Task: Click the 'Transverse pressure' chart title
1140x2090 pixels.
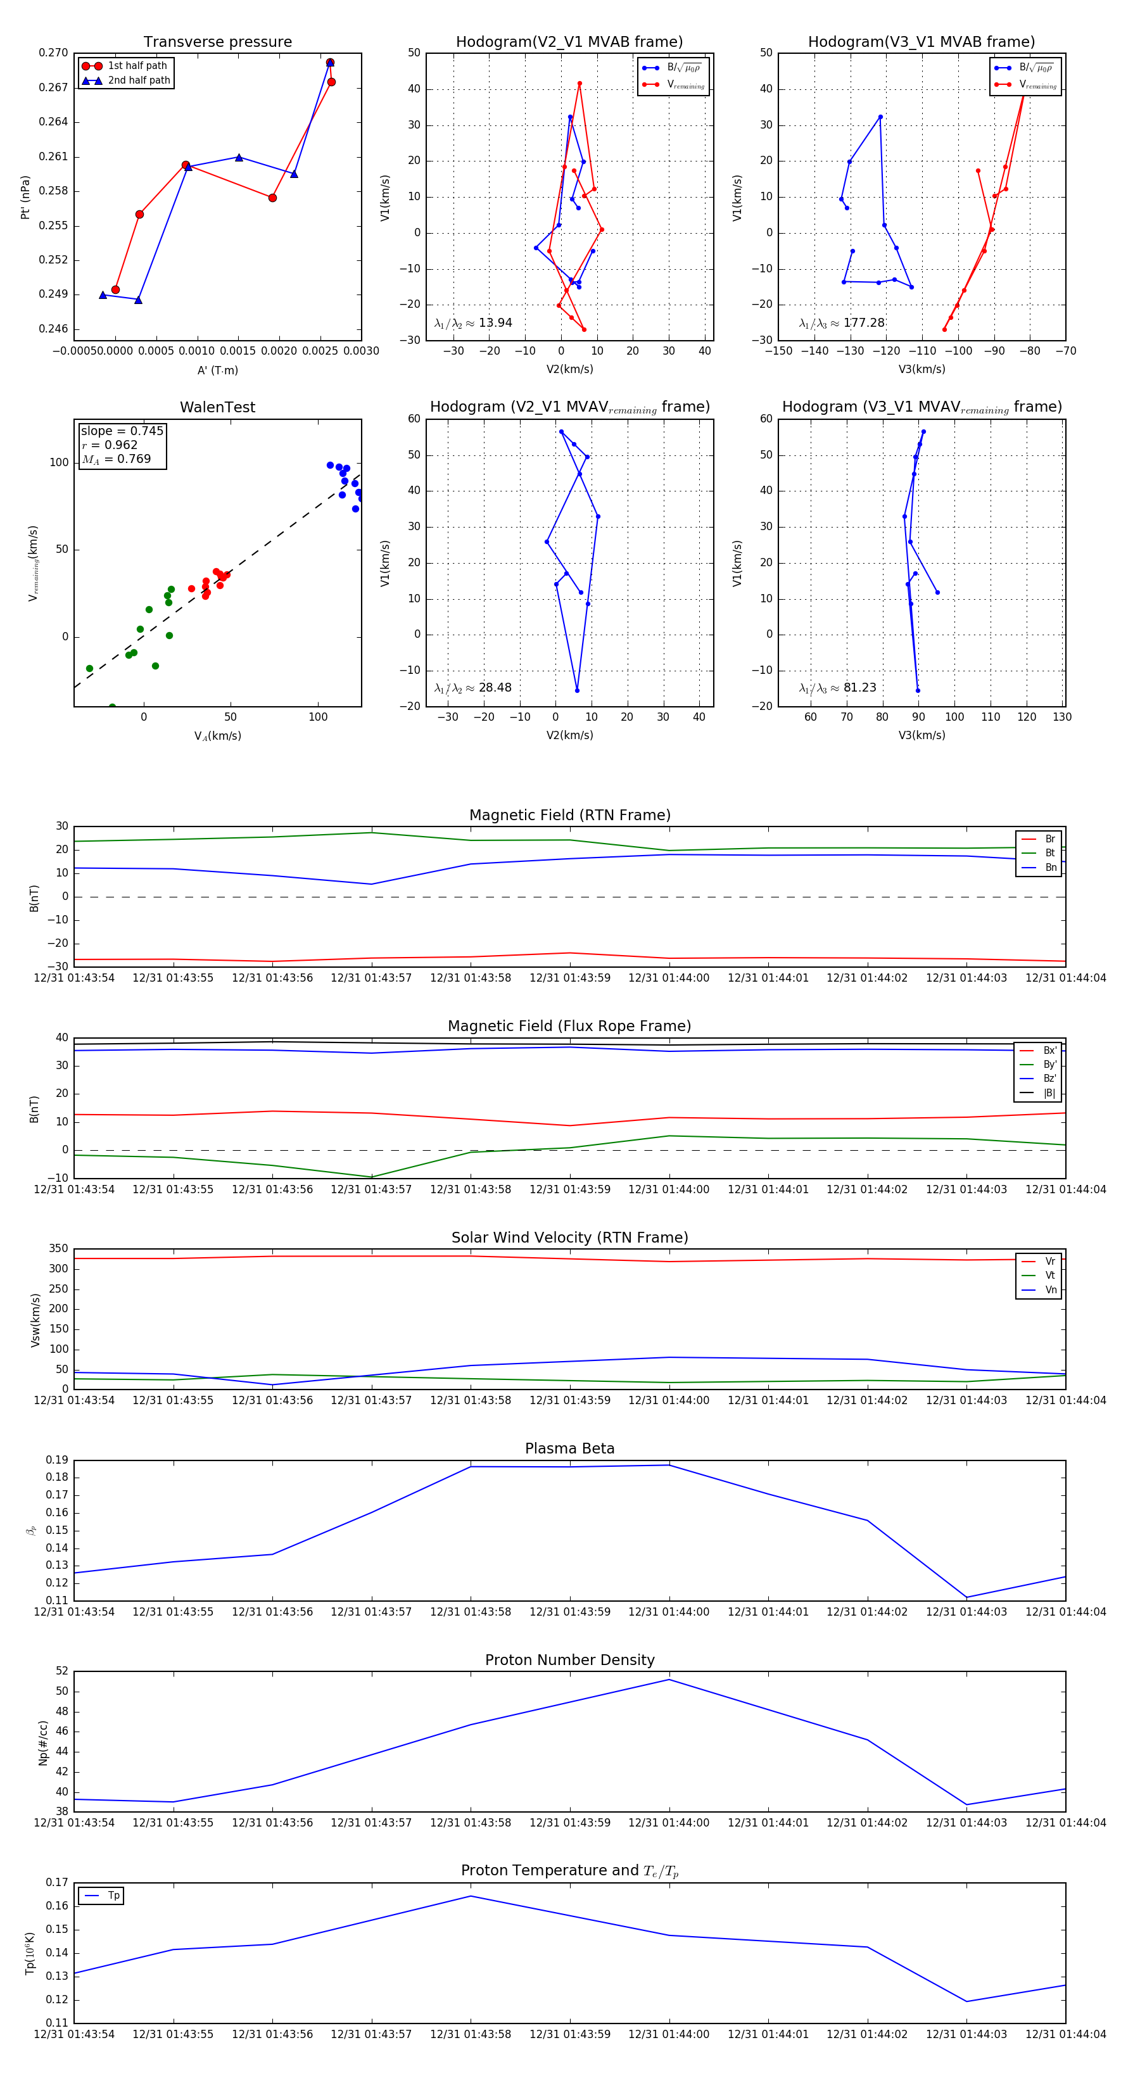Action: tap(217, 42)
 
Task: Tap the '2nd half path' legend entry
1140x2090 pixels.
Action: tap(139, 80)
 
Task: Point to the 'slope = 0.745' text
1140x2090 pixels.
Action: tap(122, 431)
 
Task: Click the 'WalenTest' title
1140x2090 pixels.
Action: tap(217, 407)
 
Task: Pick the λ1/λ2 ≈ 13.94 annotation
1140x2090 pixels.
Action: tap(473, 323)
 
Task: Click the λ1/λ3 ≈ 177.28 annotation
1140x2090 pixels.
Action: tap(842, 323)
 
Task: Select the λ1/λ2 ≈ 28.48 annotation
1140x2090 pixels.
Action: tap(473, 688)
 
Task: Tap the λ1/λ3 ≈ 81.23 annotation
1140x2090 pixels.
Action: tap(837, 688)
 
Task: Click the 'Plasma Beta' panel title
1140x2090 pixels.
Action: tap(569, 1448)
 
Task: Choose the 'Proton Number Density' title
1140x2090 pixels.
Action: tap(569, 1660)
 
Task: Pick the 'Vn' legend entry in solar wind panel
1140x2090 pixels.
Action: tap(1051, 1290)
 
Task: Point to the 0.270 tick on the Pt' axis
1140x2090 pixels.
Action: tap(54, 53)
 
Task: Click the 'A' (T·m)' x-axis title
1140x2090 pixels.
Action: tap(217, 370)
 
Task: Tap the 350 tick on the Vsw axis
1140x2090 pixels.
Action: tap(58, 1249)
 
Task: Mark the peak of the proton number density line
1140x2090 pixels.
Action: tap(669, 1680)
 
